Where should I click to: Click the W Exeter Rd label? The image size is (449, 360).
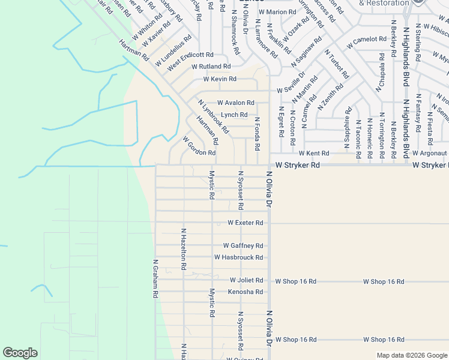click(246, 223)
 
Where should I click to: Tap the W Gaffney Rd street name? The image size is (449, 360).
click(243, 246)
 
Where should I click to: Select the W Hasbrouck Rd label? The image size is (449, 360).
click(239, 257)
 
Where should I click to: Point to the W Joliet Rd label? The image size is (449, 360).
click(246, 280)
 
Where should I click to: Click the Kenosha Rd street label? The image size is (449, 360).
click(246, 292)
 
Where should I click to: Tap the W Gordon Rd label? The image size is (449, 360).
click(199, 146)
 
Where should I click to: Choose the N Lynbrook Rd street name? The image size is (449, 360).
click(213, 116)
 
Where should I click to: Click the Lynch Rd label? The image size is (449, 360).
click(234, 115)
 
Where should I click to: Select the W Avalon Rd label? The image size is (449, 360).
click(236, 103)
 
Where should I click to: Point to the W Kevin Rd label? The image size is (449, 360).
click(220, 79)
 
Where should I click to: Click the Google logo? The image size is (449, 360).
click(20, 353)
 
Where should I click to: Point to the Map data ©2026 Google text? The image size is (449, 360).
click(411, 355)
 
